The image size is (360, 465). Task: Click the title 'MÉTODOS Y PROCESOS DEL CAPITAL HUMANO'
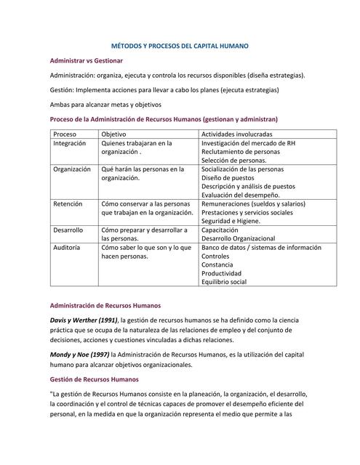click(x=179, y=45)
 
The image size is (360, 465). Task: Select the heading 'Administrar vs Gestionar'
click(x=86, y=60)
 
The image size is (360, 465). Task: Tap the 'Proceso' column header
click(x=65, y=134)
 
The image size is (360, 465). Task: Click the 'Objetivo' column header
click(x=113, y=134)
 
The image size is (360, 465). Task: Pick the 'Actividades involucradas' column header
click(x=237, y=134)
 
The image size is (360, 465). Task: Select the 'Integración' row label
click(x=70, y=143)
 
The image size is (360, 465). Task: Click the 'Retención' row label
click(x=68, y=204)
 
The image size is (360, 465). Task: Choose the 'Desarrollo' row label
click(x=68, y=230)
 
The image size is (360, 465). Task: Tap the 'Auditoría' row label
click(x=68, y=247)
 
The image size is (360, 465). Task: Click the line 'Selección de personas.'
click(x=234, y=161)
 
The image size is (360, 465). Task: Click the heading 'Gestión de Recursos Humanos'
click(x=93, y=379)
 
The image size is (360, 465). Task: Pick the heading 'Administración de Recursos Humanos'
click(x=105, y=305)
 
